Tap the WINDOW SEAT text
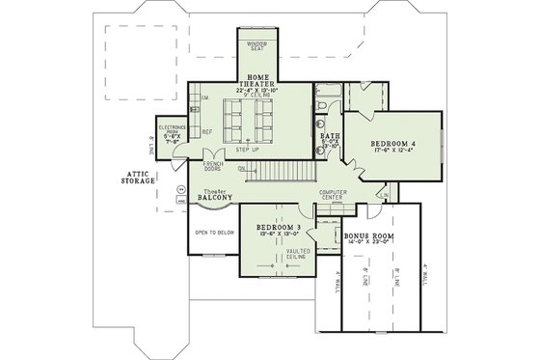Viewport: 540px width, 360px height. pyautogui.click(x=256, y=46)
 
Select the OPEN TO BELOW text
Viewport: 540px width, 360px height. pyautogui.click(x=215, y=233)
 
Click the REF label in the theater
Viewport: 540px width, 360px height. pyautogui.click(x=206, y=131)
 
